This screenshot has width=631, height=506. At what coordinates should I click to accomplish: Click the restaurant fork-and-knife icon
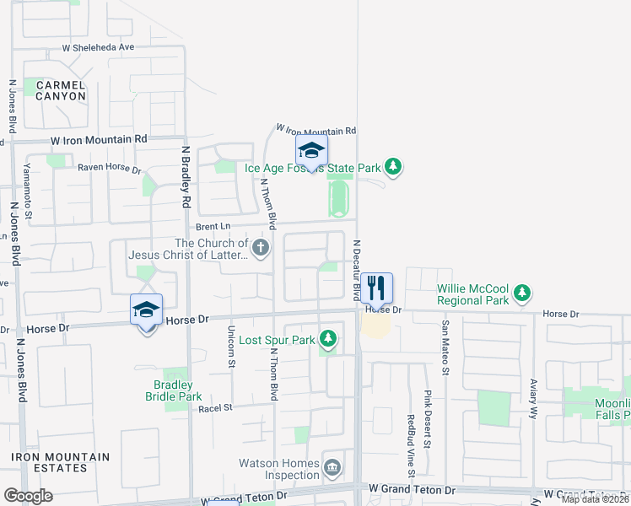[x=377, y=288]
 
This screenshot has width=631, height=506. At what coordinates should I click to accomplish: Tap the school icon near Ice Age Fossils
[x=310, y=152]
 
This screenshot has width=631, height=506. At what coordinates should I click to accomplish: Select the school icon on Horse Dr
[x=147, y=310]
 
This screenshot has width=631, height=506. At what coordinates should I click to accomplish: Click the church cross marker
[x=261, y=248]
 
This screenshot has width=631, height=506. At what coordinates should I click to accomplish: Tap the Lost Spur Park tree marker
[x=328, y=340]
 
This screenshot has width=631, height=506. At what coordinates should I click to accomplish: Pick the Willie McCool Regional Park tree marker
[x=523, y=293]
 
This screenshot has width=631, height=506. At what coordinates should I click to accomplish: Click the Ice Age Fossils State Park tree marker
[x=392, y=167]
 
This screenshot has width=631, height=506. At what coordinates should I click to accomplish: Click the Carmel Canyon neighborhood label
[x=60, y=90]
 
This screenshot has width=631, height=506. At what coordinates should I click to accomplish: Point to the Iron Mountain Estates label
[x=60, y=462]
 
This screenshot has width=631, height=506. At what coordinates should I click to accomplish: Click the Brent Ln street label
[x=213, y=226]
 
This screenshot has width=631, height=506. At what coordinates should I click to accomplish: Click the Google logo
[x=28, y=496]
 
